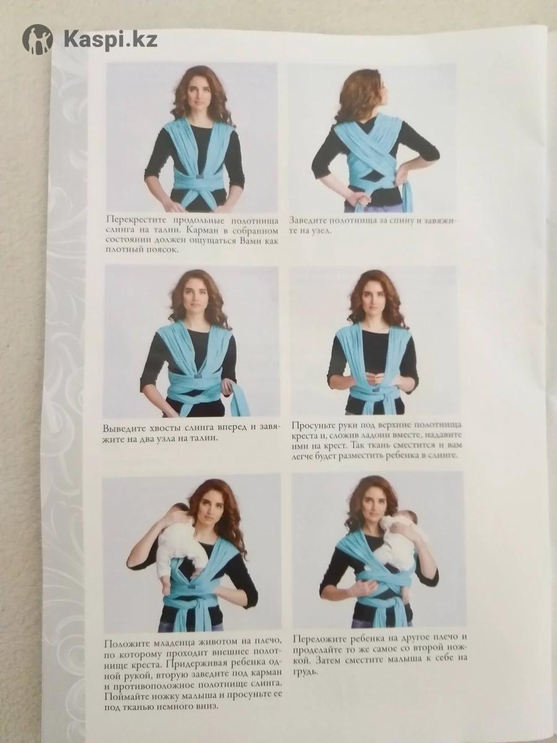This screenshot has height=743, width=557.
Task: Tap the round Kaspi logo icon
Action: [38, 40]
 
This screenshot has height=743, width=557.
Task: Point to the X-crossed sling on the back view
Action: [369, 149]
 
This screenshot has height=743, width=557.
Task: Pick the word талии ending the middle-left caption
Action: [203, 439]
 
